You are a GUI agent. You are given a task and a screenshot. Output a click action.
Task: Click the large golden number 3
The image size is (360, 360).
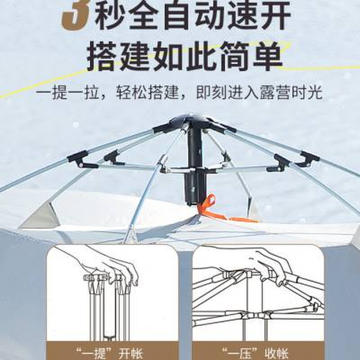(x=78, y=13)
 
